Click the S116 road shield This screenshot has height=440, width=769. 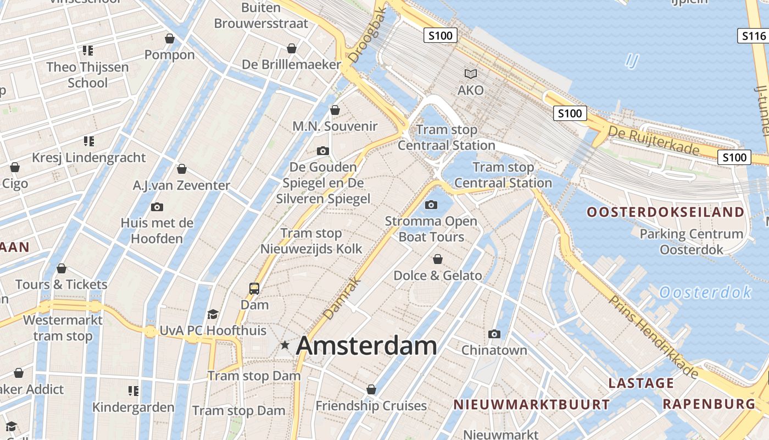coord(753,36)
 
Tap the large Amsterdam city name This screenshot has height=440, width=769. coord(366,346)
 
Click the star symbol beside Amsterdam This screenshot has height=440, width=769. coord(285,345)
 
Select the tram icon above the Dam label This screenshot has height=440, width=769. coord(254,288)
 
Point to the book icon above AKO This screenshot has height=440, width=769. coord(471,74)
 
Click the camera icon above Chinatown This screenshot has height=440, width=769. coord(494,334)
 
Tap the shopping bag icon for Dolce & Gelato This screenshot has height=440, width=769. coord(438,259)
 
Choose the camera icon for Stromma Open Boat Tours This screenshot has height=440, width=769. coord(431,205)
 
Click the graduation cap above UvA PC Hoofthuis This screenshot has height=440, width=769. coord(213,314)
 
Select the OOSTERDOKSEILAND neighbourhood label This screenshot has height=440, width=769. coord(665,212)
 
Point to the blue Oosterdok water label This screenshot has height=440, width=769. coord(705,292)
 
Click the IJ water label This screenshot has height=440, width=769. coord(632,61)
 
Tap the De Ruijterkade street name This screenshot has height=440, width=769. coord(653,141)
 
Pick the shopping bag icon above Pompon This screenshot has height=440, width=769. coord(170,38)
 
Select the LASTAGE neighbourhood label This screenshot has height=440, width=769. coord(641,383)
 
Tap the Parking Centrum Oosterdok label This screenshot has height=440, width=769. coord(691,241)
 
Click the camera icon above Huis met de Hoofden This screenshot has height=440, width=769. coord(157,207)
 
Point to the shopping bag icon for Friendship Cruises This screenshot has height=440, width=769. coord(371,389)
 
